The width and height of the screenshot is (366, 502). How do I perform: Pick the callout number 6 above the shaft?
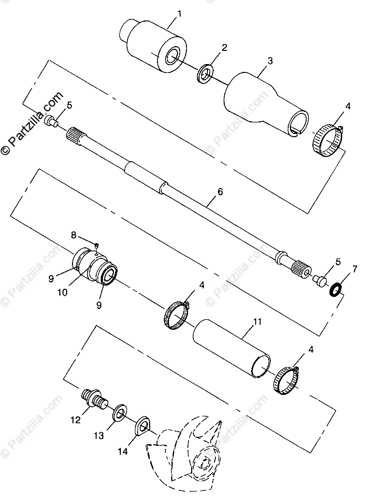click(x=220, y=192)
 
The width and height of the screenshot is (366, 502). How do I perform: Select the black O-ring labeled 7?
click(x=336, y=289)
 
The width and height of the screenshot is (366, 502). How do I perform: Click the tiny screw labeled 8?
click(x=97, y=245)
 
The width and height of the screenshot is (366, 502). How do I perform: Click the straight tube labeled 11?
click(x=231, y=349)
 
